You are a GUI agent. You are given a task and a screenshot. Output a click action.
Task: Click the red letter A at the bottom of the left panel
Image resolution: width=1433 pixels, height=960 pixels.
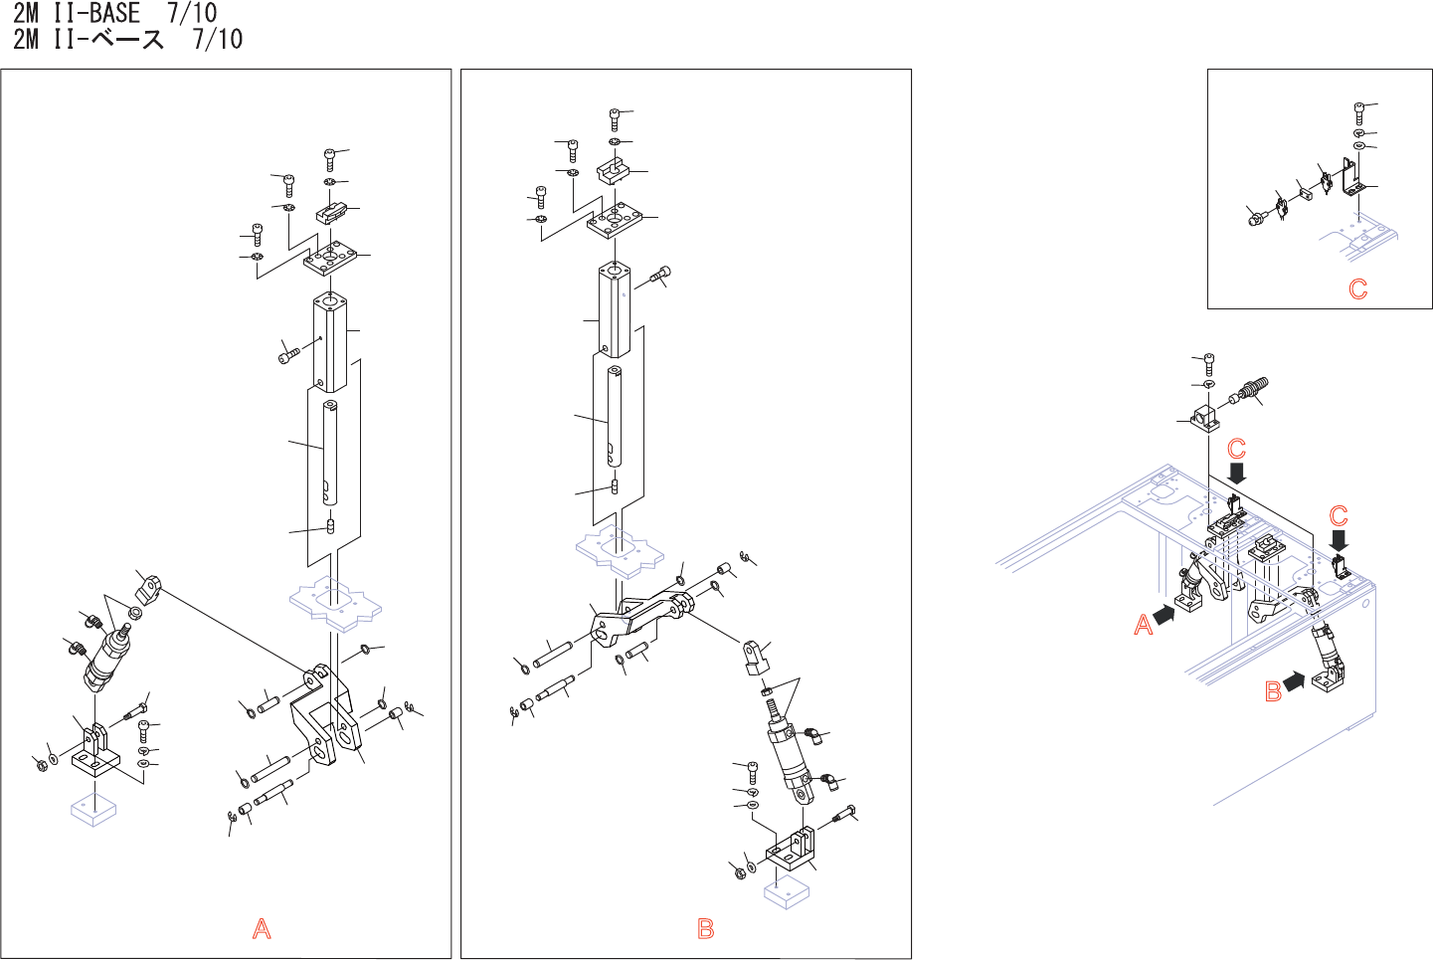262,929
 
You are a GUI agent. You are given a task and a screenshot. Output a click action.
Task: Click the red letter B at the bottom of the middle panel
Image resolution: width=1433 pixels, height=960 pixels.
706,929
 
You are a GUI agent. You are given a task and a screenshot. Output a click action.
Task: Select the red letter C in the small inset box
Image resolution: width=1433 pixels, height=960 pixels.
1357,289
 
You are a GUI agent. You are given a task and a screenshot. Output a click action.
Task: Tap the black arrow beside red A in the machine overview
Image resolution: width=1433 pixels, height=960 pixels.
1162,615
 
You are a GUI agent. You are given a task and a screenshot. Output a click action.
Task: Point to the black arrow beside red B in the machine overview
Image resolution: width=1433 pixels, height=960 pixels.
1294,681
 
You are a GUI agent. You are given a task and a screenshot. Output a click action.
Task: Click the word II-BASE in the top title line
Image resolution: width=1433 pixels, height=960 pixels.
97,13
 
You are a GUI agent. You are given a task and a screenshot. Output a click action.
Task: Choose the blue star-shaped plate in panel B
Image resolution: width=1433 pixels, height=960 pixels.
621,551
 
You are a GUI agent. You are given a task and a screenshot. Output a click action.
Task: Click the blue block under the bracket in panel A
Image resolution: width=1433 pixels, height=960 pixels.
94,810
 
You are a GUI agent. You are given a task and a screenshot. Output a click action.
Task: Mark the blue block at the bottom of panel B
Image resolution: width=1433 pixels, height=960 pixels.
787,891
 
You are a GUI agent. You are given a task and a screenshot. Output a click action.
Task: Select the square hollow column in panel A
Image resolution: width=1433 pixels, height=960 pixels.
329,343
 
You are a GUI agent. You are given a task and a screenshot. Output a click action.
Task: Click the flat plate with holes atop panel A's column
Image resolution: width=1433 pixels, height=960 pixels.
331,260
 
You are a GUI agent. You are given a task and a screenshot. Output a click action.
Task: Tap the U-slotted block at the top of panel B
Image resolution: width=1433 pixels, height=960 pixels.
613,171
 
